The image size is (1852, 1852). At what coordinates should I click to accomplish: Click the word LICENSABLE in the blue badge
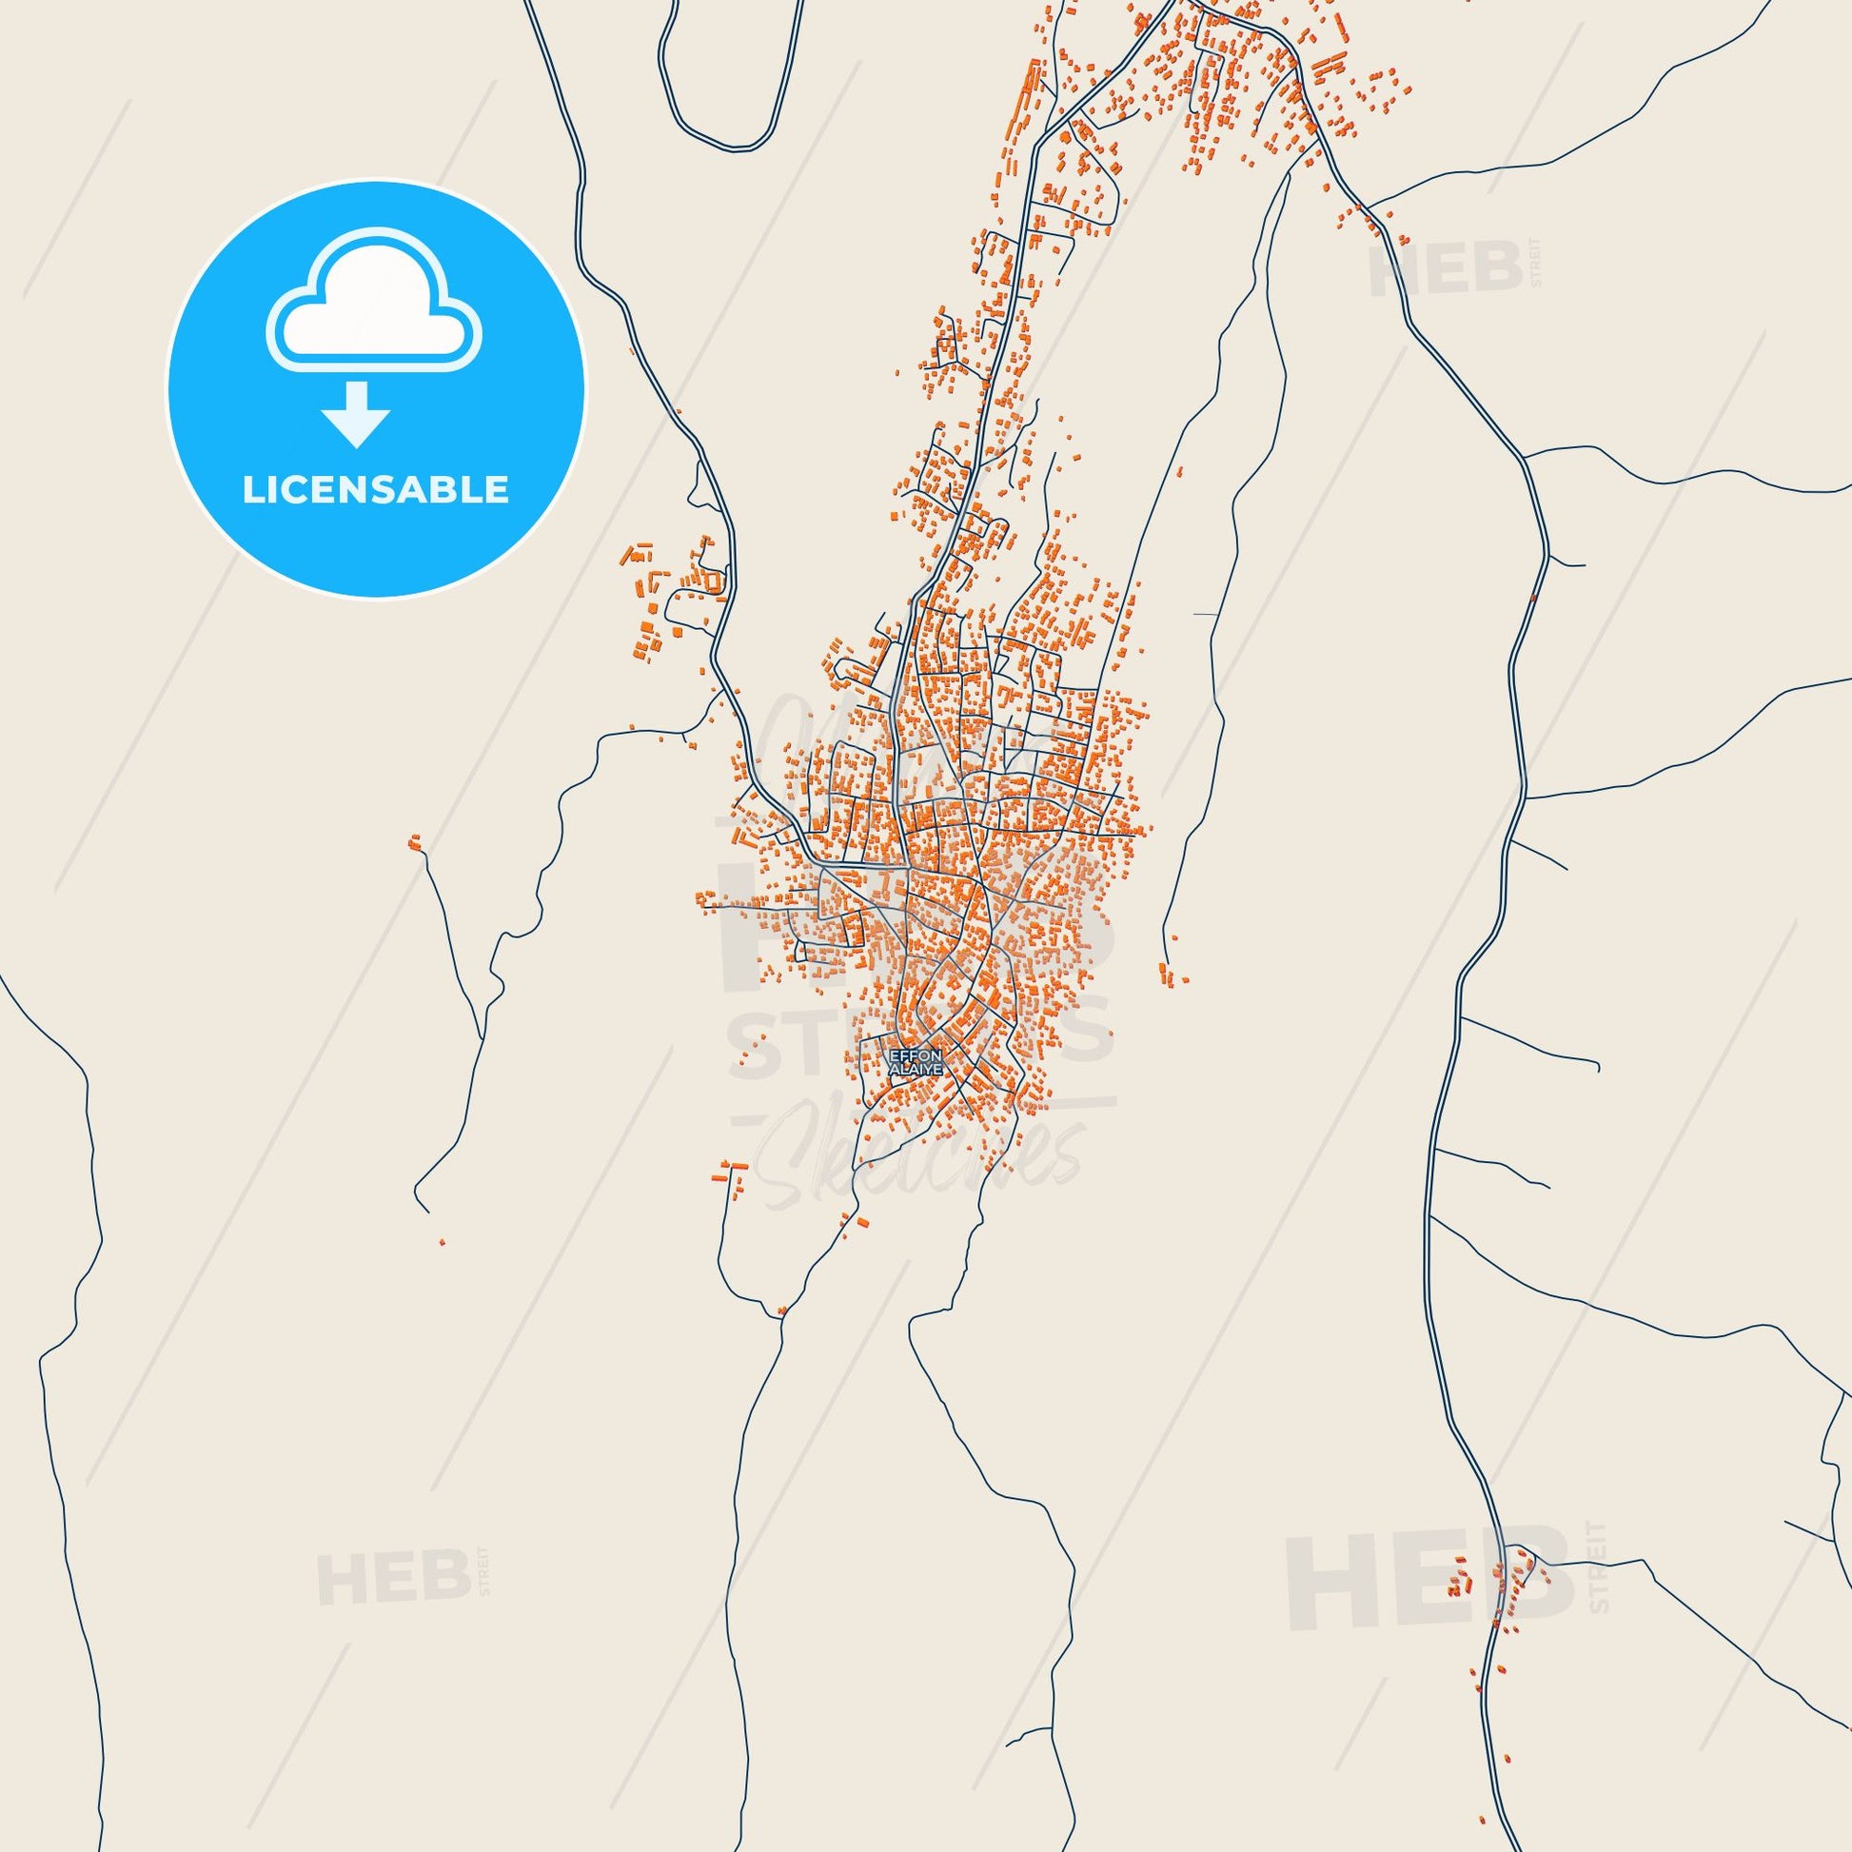click(x=375, y=490)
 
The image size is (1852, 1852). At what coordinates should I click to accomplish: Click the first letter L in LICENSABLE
click(x=251, y=490)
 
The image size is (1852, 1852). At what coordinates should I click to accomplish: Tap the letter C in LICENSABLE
click(x=297, y=490)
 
